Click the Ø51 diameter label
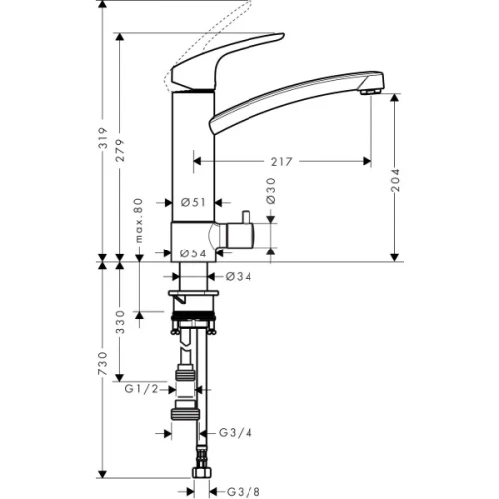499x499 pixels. [x=194, y=203]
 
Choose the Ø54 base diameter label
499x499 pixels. [x=194, y=254]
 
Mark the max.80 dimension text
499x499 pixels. [x=139, y=222]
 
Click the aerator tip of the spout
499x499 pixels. [x=371, y=91]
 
